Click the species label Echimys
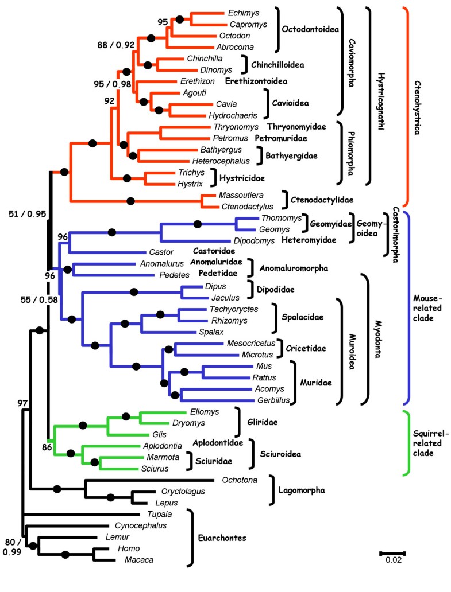[x=241, y=13]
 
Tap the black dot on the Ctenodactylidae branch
[x=130, y=201]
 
